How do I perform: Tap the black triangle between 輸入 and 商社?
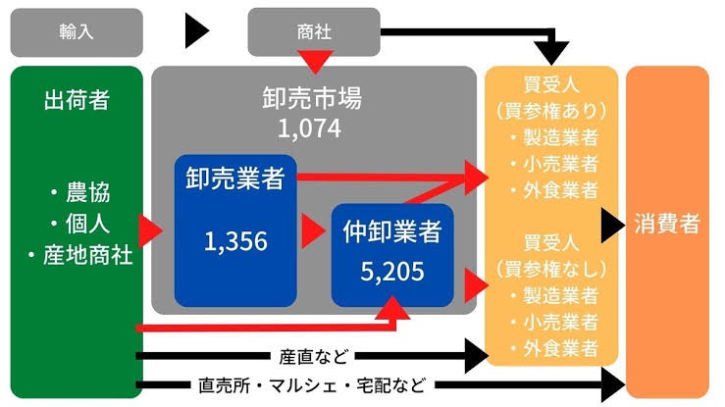tap(198, 32)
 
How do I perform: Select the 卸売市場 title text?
tap(312, 100)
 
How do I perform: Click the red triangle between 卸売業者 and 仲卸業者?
tap(313, 233)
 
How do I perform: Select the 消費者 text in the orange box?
tap(667, 224)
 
